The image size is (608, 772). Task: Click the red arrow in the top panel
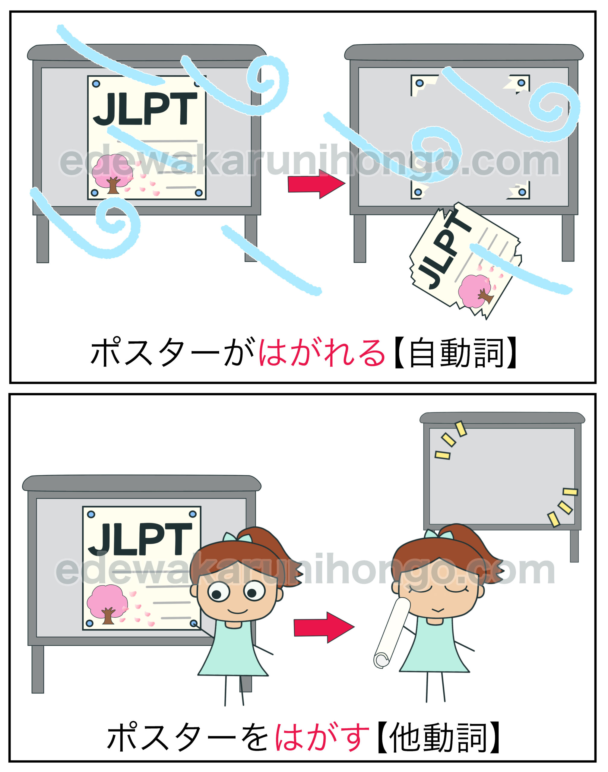tap(316, 184)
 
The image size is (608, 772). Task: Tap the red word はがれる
tap(321, 353)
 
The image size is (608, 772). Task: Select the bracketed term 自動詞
tap(456, 353)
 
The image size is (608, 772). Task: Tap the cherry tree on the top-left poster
tap(112, 174)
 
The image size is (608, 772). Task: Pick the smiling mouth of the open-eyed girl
tap(238, 612)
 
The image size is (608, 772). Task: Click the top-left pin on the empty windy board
tap(419, 83)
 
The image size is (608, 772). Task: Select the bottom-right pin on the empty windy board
tap(522, 192)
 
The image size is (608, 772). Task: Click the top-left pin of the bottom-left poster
tap(91, 514)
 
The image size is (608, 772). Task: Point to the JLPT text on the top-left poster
tap(145, 108)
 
